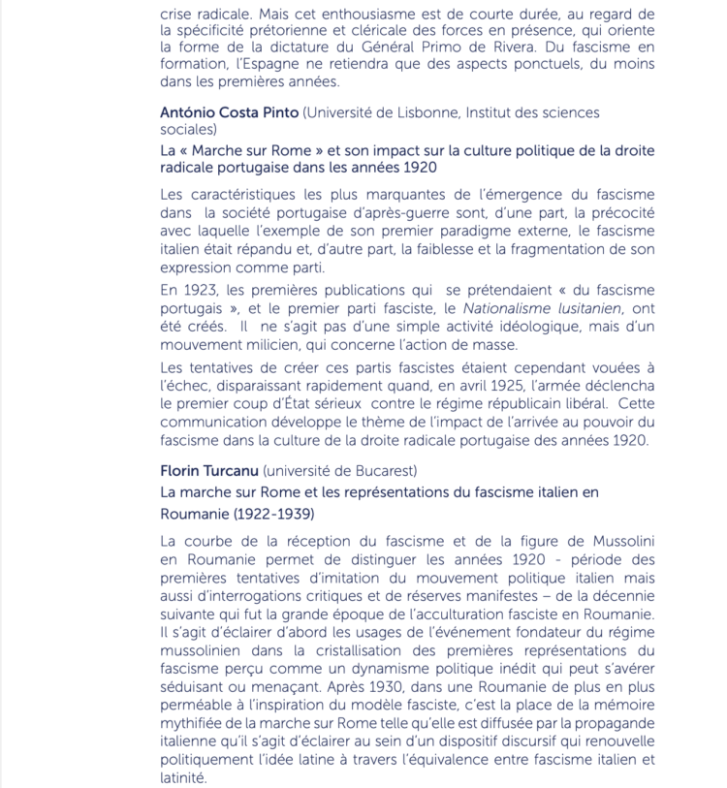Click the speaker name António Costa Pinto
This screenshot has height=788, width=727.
pos(230,112)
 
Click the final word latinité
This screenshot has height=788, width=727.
pos(184,777)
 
